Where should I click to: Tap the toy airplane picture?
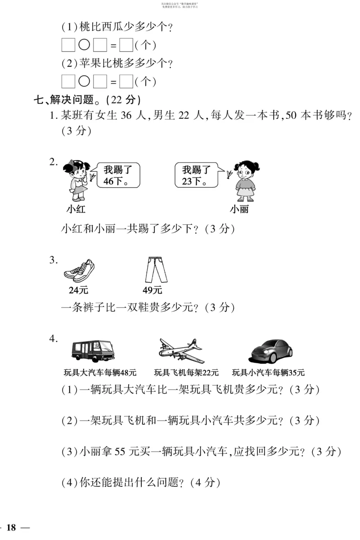181,350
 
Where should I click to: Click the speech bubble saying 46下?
117,176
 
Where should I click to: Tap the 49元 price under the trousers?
153,290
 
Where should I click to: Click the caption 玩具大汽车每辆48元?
100,372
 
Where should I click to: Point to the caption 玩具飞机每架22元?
186,372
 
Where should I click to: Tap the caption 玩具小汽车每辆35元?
268,372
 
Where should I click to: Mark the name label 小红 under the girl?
75,209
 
